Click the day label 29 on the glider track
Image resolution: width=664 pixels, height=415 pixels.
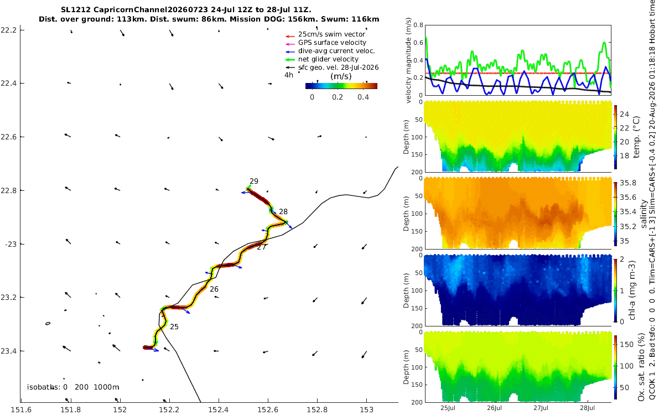pos(254,181)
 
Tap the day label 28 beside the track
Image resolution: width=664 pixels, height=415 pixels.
pos(283,211)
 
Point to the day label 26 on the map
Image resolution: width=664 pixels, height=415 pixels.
pos(214,289)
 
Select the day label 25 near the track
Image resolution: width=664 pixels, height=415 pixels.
pos(174,326)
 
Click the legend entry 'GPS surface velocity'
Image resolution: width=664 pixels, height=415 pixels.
pos(332,43)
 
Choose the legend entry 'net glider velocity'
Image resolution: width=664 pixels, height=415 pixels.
pos(328,59)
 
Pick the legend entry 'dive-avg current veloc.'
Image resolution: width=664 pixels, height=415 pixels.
pos(336,51)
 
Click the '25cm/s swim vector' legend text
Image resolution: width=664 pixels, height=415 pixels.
pos(331,34)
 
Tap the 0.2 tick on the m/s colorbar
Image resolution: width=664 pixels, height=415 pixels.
pos(338,97)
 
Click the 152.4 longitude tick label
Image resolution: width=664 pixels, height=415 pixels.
pos(219,409)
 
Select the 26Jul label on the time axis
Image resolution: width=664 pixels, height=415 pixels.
pos(494,408)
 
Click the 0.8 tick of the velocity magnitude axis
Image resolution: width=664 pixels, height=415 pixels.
pos(418,25)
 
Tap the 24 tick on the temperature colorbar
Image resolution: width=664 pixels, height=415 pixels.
pos(624,114)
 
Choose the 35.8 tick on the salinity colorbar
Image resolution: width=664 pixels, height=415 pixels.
pos(628,183)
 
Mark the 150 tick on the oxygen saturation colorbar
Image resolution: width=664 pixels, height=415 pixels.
pos(626,344)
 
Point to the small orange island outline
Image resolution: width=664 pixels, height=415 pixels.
pos(48,323)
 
